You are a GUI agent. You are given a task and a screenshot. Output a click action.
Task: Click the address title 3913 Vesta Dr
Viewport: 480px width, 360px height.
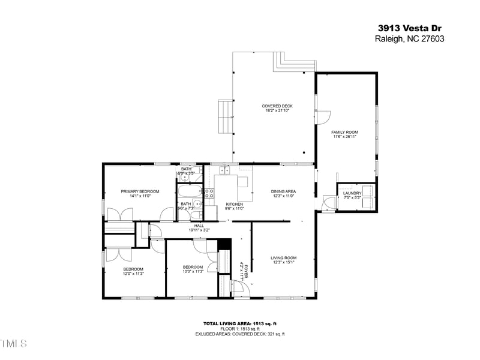410,28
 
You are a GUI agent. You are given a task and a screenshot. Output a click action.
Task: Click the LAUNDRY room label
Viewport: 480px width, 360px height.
352,193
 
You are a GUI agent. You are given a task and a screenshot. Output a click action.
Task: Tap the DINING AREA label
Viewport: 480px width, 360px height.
284,191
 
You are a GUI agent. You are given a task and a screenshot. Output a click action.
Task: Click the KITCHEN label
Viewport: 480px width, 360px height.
234,204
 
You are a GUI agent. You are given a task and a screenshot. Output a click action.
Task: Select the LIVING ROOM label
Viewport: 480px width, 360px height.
284,258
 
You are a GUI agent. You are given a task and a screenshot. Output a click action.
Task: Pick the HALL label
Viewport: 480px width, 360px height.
199,226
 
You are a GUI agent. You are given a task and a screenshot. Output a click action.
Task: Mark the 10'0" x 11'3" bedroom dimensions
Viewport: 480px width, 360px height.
193,271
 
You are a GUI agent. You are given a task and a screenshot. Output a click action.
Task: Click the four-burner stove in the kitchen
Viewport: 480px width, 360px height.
210,193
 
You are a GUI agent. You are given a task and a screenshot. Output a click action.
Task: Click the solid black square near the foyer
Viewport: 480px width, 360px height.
224,244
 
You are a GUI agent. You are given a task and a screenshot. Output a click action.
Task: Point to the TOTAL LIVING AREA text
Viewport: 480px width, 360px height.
239,323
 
